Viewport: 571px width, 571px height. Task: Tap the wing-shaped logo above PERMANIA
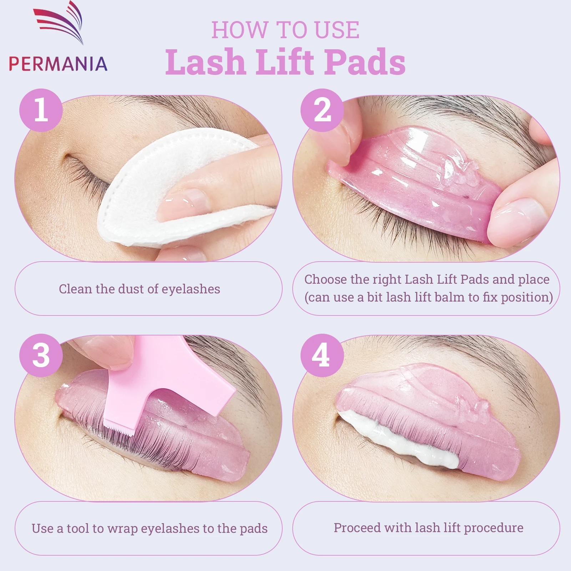click(x=61, y=21)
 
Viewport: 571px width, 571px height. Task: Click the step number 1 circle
click(x=41, y=110)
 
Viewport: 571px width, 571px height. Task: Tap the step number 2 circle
click(x=322, y=110)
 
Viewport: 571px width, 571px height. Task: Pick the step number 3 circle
click(x=41, y=355)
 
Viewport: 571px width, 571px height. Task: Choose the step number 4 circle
click(x=322, y=355)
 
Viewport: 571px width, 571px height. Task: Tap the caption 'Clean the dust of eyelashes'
click(x=140, y=289)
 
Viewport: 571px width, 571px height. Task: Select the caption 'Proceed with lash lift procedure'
click(x=428, y=527)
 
